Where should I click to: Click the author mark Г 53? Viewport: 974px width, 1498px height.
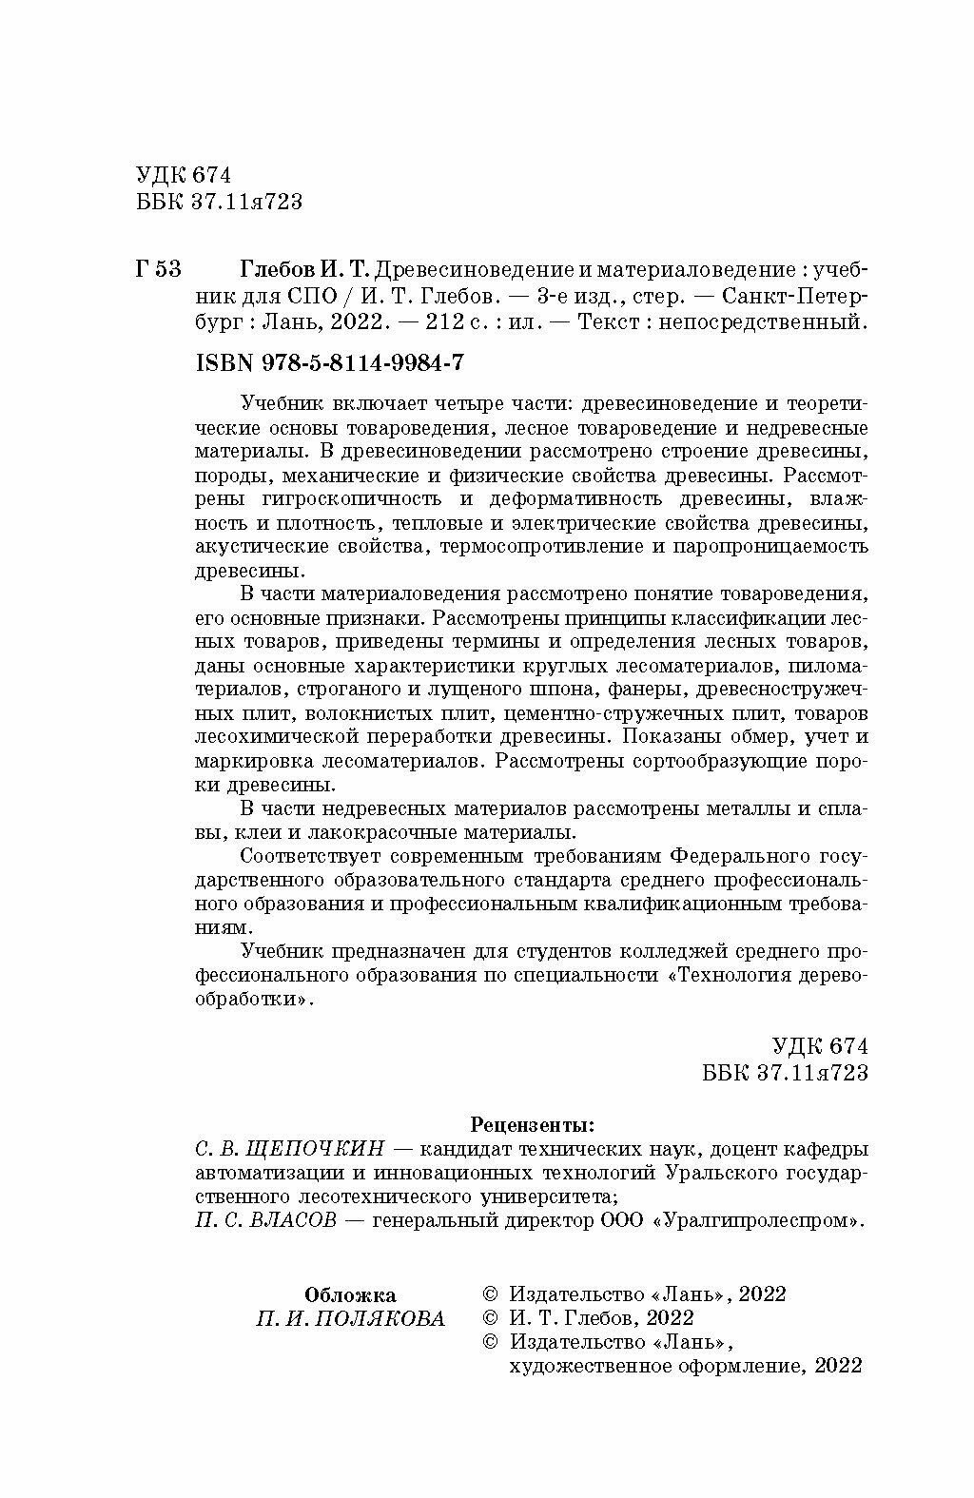click(x=159, y=268)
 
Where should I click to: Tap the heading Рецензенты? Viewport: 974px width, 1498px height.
click(x=533, y=1125)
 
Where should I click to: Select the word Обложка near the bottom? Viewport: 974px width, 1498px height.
click(x=350, y=1294)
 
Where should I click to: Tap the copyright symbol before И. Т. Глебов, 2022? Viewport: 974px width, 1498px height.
click(x=491, y=1318)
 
